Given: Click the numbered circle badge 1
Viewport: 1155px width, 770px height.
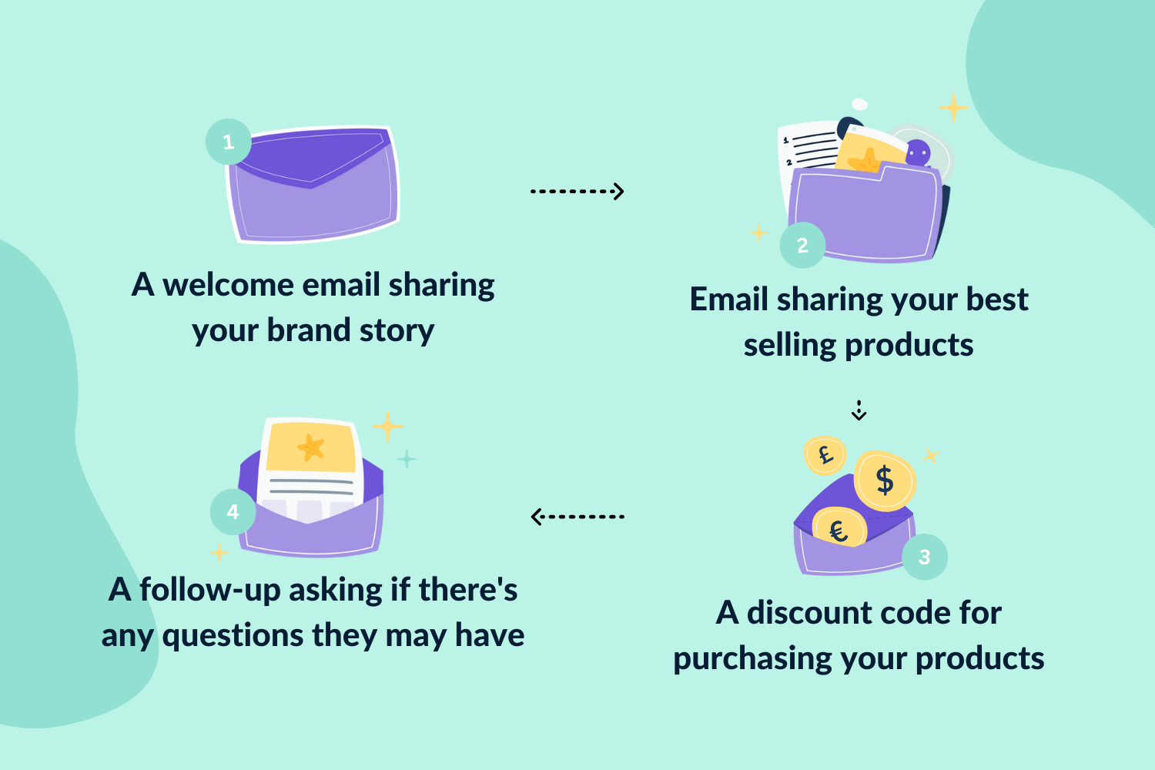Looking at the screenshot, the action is point(229,142).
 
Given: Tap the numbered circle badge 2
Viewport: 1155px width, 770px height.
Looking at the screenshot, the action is point(802,245).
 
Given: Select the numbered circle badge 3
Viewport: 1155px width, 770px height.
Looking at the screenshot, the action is point(925,557).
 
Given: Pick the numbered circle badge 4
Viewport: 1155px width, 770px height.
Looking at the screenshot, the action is point(233,512).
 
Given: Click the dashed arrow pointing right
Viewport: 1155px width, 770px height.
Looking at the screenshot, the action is point(577,191).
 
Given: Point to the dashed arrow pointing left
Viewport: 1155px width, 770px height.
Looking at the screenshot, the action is point(577,517).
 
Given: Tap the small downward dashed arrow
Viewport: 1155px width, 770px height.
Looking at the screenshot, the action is point(859,410).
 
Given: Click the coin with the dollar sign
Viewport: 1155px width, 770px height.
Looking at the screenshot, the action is point(885,480).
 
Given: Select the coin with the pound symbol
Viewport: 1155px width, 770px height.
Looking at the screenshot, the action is point(825,455).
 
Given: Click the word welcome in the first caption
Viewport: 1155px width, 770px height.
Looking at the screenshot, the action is point(228,285).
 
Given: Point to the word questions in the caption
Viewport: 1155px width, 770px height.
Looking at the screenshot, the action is point(233,636).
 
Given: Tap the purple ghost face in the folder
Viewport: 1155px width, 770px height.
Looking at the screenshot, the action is point(918,152).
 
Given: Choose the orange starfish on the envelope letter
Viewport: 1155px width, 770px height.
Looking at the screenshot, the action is point(311,447).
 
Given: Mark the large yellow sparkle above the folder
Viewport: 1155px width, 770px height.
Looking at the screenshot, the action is point(953,107).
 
